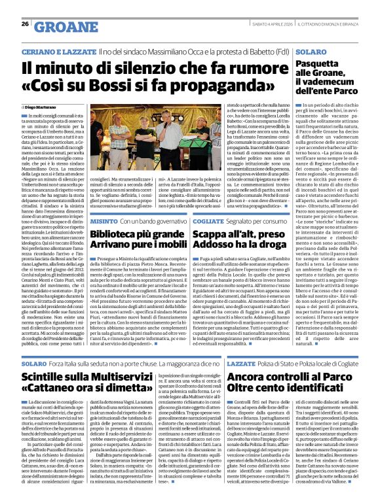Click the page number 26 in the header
[x=25, y=24]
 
